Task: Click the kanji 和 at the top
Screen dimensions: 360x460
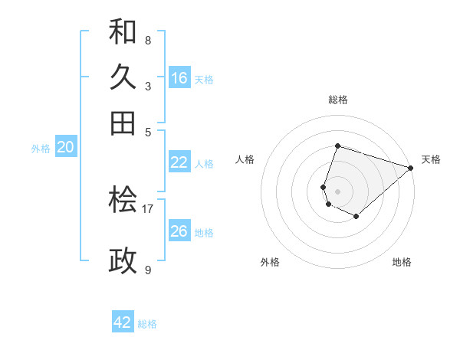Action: (123, 32)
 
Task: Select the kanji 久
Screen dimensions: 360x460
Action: (123, 77)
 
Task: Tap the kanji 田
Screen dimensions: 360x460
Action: (123, 123)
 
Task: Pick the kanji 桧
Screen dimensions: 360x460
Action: (123, 200)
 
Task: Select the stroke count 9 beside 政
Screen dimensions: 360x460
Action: (148, 270)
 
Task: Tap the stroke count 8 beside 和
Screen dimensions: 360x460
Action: (148, 41)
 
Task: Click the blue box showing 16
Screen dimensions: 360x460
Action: (179, 78)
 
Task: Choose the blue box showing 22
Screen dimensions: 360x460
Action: (179, 162)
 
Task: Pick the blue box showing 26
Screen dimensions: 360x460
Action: (179, 231)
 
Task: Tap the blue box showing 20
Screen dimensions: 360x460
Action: (65, 148)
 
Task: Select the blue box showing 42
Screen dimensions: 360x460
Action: (123, 322)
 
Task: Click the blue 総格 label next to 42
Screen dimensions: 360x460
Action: (147, 324)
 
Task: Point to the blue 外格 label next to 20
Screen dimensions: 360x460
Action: (41, 149)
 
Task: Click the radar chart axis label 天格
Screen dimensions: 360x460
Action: (431, 159)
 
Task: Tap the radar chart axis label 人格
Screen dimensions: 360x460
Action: (245, 159)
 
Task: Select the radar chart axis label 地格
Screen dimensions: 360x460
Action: (402, 263)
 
